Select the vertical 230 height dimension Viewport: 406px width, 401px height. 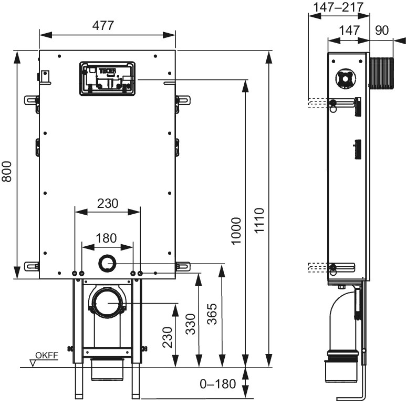click(166, 337)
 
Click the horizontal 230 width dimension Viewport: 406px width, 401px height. click(107, 203)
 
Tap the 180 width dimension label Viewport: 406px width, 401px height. click(107, 238)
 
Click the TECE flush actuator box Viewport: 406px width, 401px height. click(107, 79)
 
